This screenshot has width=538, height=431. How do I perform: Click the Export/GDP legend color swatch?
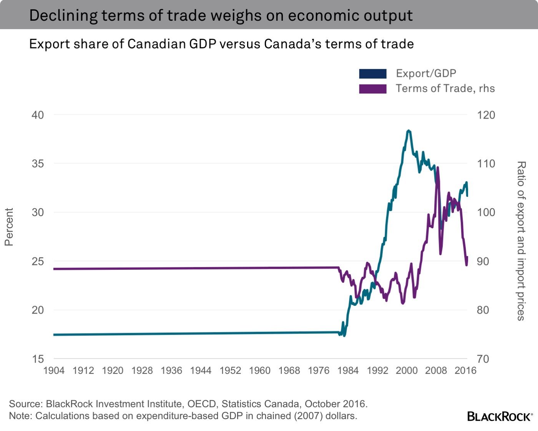point(372,74)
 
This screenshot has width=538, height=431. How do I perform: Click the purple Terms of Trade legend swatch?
point(372,89)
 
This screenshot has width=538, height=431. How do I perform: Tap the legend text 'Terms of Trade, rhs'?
point(445,89)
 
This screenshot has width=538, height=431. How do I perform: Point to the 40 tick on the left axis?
point(38,115)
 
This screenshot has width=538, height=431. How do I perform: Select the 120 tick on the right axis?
point(486,115)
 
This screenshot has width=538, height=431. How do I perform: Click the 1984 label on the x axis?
point(348,370)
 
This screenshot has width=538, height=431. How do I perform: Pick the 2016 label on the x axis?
point(465,370)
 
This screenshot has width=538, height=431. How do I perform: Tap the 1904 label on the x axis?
point(54,370)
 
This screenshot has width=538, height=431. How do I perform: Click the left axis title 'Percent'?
point(9,227)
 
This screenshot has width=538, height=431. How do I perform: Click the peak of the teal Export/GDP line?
point(408,131)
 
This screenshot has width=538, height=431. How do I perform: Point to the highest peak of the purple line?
point(438,168)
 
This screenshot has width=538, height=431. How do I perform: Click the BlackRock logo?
point(500,416)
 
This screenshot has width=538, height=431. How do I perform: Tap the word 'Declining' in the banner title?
point(63,15)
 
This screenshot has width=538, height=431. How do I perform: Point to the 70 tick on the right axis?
point(483,359)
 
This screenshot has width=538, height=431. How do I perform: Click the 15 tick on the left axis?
point(38,359)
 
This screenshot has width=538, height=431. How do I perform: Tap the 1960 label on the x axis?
point(259,370)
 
